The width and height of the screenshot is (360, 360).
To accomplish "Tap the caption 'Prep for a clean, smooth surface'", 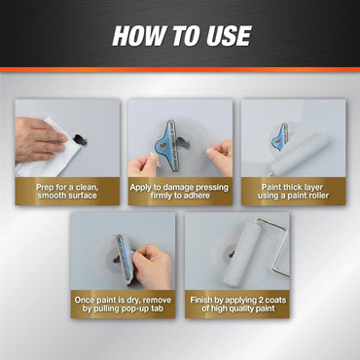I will click(x=66, y=191).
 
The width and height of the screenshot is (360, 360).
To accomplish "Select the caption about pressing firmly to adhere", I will click(x=180, y=191).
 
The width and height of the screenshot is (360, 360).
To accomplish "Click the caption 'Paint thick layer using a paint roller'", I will click(x=293, y=191).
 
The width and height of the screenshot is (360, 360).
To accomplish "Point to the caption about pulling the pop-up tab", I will click(x=124, y=304).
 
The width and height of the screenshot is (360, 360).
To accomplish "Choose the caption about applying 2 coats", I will click(x=236, y=304).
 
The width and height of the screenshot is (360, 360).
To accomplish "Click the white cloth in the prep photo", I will click(x=44, y=156).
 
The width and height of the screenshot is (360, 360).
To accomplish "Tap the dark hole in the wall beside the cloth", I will click(x=81, y=140).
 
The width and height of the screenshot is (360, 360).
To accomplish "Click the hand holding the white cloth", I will click(x=37, y=136).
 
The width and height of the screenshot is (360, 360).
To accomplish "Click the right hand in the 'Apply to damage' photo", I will click(x=221, y=156).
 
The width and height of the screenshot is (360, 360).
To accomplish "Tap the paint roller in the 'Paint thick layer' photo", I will click(x=300, y=153).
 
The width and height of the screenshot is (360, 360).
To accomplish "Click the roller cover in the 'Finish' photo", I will click(x=240, y=255).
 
